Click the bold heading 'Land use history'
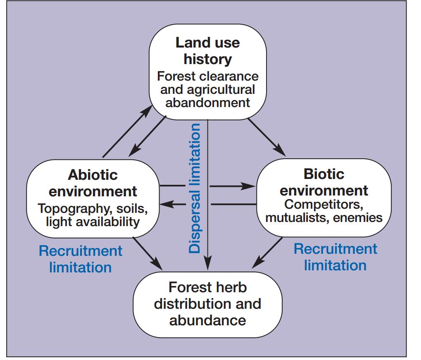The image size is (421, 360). [207, 51]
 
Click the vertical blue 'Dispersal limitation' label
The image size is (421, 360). [195, 188]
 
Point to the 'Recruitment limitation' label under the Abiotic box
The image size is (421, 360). [81, 259]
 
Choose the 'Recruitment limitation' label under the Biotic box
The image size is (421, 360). [335, 257]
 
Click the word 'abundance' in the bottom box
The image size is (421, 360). [207, 320]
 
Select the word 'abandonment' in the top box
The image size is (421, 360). [207, 103]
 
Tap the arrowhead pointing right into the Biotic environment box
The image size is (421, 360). [248, 186]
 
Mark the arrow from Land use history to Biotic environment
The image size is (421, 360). [266, 137]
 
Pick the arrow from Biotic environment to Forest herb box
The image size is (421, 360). [267, 253]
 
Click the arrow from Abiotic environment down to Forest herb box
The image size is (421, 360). [147, 253]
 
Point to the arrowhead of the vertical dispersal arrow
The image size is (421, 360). [207, 263]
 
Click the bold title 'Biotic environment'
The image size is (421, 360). [324, 182]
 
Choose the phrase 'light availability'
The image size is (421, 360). [93, 222]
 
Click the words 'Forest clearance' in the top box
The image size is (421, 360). [207, 76]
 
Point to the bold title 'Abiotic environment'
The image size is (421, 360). [93, 183]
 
